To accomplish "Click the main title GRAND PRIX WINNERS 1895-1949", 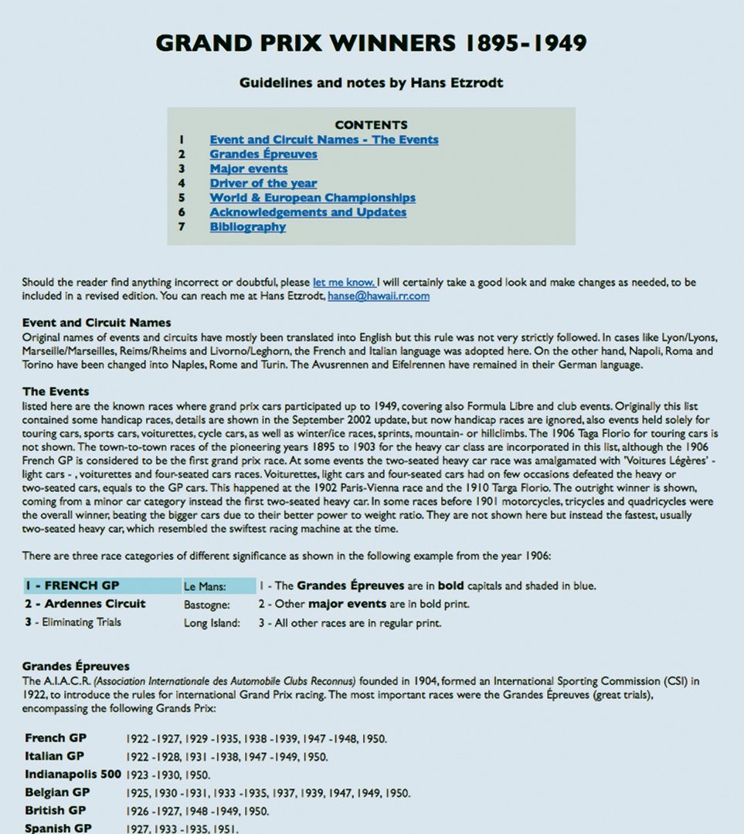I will [x=371, y=42].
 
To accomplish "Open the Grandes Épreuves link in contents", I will [x=263, y=154].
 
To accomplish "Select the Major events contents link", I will [x=249, y=169].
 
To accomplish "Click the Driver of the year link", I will [x=263, y=184].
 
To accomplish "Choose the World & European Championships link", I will [x=313, y=198].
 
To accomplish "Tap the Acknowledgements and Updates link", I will [x=308, y=212].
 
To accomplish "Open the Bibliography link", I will [x=248, y=227].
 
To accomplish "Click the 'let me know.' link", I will [x=344, y=283].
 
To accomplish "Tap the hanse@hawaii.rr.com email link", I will [x=379, y=296].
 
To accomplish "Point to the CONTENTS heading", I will [x=372, y=125].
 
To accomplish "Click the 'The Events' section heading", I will [x=56, y=392].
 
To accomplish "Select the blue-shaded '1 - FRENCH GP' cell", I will [x=102, y=586].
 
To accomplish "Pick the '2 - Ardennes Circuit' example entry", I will [x=84, y=604].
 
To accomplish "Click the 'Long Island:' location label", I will [x=212, y=623].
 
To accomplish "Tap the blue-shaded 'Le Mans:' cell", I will [x=219, y=586].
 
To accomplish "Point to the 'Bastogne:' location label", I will [x=206, y=605].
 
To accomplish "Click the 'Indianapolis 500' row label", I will [x=73, y=774].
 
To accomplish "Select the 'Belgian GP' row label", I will [x=58, y=792].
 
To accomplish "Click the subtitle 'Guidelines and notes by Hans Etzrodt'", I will [x=371, y=83].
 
